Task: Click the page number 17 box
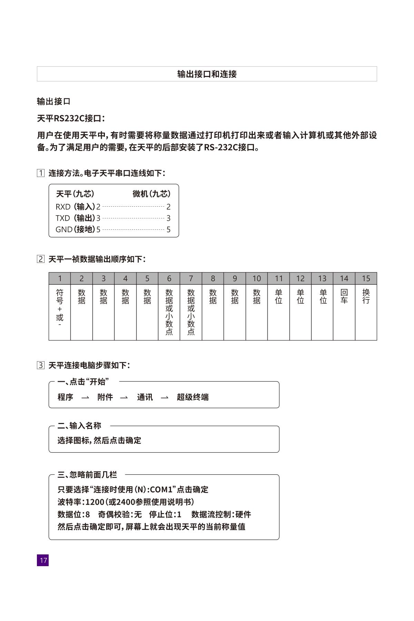(x=43, y=560)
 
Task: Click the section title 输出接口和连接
(x=207, y=74)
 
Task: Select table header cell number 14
(x=344, y=278)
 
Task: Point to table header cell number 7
(x=191, y=278)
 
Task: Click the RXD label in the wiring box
(x=63, y=207)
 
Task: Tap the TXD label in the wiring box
(x=63, y=218)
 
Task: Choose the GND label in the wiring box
(x=64, y=229)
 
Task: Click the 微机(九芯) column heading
(x=151, y=194)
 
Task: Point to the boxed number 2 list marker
(x=41, y=259)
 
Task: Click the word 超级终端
(x=193, y=397)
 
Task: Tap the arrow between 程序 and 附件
(x=85, y=398)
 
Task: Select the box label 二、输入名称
(x=79, y=426)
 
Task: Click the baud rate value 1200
(x=95, y=502)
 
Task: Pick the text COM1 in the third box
(x=161, y=490)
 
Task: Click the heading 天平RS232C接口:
(x=71, y=119)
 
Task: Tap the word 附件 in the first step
(x=105, y=397)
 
